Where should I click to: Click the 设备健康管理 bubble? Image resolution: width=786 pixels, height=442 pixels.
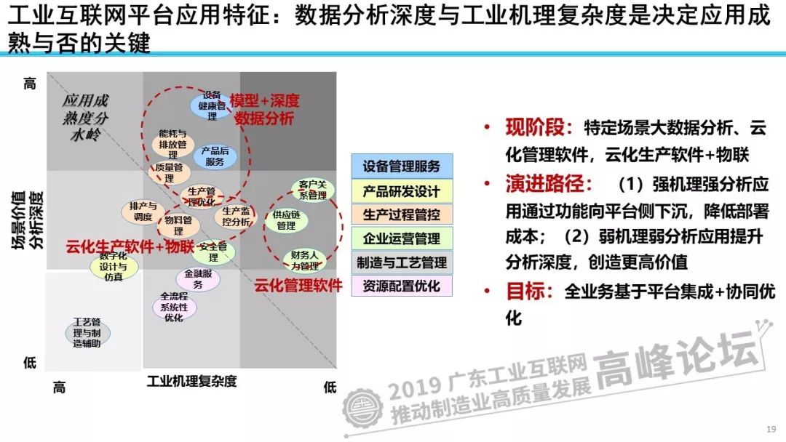coord(211,106)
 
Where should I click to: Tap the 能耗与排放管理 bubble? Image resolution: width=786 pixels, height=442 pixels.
coord(173,144)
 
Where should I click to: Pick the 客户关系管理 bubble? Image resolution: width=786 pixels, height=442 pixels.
coord(312,190)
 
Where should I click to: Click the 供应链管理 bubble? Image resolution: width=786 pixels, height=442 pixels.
coord(286,220)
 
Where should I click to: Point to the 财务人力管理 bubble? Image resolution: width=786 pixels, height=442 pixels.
coord(304,260)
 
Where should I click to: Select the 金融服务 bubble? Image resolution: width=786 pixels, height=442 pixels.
coord(198,279)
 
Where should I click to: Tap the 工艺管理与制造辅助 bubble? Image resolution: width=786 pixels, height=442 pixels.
coord(87,332)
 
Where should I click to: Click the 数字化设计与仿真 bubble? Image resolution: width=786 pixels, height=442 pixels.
coord(113,267)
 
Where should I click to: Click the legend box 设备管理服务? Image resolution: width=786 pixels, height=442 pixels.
coord(402,166)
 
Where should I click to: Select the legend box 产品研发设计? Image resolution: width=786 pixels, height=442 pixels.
coord(402,190)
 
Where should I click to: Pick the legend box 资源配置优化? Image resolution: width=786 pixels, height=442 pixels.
coord(402,286)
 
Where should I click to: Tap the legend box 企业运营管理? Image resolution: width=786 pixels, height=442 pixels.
coord(402,238)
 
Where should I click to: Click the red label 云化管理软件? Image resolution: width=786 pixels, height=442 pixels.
coord(298,285)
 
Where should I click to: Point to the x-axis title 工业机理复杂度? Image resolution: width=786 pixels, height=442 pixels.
coord(192,381)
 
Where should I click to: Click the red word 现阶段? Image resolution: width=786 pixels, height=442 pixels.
coord(536,128)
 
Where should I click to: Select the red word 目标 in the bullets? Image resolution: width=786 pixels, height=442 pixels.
coord(525,292)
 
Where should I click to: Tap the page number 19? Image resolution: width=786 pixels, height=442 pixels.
coord(771,428)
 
